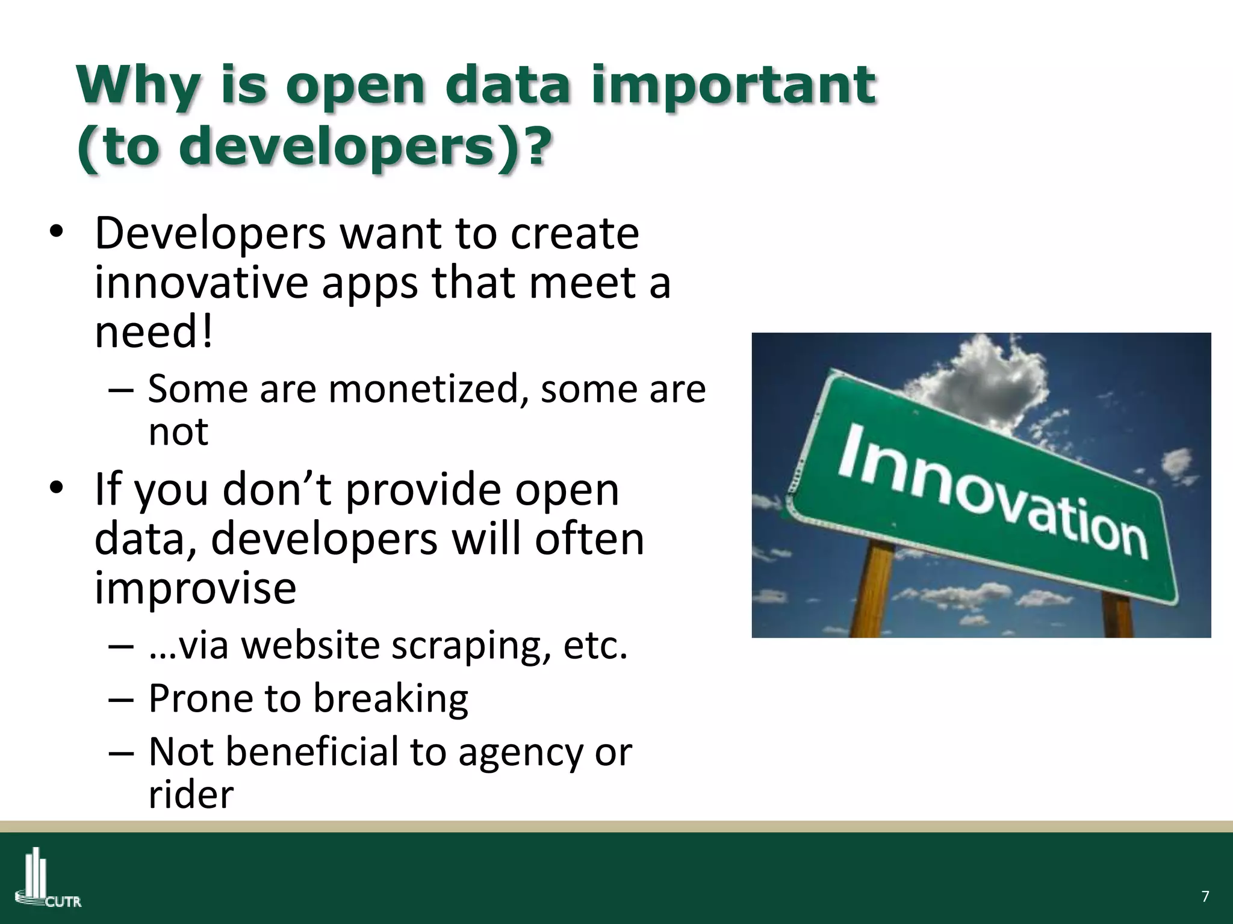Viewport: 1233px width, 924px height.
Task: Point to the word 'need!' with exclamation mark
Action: point(154,332)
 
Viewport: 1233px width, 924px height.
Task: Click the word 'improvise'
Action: point(195,588)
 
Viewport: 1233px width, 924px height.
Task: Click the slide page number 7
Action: point(1205,896)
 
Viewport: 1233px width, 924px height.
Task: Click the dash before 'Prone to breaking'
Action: point(120,700)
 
